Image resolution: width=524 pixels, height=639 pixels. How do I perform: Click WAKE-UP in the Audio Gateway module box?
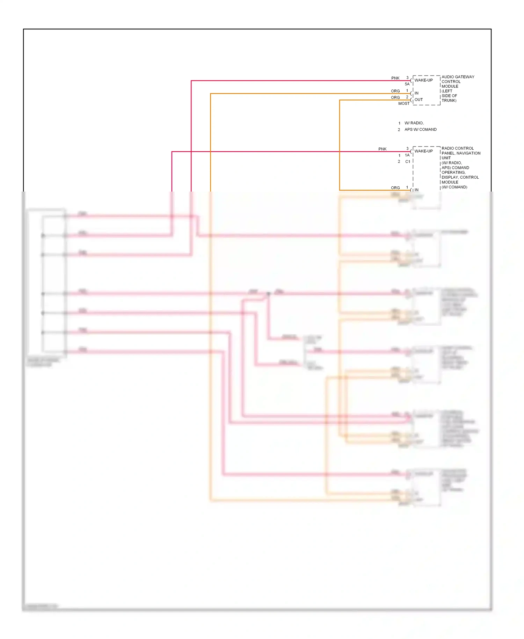coord(423,80)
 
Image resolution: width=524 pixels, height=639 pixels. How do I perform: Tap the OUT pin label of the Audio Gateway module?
coord(419,100)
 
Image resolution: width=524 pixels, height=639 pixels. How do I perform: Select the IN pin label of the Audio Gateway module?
coord(416,93)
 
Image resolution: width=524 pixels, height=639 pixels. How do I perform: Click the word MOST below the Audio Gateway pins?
coord(404,103)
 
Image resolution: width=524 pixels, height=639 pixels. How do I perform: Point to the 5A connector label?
coord(407,84)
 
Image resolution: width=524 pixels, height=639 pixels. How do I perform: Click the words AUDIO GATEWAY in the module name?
coord(458,77)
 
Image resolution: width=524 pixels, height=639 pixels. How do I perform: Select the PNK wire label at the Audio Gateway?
coord(395,78)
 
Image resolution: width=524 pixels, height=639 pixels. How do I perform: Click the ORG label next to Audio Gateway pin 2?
coord(395,98)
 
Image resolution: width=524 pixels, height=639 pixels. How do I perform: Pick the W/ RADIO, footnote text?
coord(414,123)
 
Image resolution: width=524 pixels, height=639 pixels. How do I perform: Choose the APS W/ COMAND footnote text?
coord(420,130)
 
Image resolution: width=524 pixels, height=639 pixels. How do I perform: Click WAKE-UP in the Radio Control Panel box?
coord(423,151)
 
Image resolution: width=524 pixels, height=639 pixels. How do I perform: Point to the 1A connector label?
coord(407,155)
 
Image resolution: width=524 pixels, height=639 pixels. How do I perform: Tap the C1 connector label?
coord(407,162)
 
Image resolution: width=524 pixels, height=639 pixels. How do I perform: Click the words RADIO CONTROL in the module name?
coord(457,149)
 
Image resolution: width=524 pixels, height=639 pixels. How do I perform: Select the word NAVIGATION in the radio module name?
coord(468,153)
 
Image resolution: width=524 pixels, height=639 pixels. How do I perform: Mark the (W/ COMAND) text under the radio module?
coord(454,187)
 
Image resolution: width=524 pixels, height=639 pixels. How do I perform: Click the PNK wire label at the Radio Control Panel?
coord(382,149)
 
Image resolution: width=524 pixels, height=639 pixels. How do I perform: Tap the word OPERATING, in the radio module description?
coord(453,173)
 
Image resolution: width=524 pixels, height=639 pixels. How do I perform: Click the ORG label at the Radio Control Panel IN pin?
coord(395,188)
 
